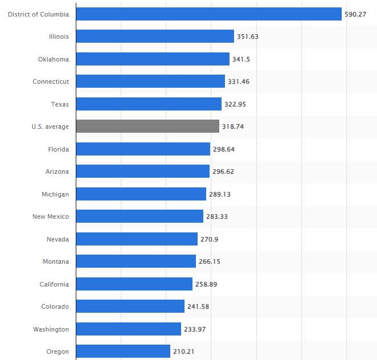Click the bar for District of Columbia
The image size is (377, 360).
[x=208, y=14]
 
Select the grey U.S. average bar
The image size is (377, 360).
[x=147, y=126]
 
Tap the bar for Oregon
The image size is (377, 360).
[x=123, y=351]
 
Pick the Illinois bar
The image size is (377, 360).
[x=155, y=36]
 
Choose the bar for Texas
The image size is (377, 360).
[x=149, y=104]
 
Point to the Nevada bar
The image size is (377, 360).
[x=137, y=239]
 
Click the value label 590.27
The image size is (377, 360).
[x=355, y=14]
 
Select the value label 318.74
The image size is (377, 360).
[x=233, y=126]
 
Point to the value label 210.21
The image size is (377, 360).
[x=184, y=351]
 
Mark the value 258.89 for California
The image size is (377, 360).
[x=207, y=284]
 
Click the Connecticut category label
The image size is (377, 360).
[x=51, y=81]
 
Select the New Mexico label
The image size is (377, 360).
[x=51, y=216]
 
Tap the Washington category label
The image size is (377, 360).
[x=51, y=329]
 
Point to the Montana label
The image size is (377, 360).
[x=55, y=261]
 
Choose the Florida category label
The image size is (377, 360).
[x=58, y=149]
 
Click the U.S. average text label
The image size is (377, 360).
[x=50, y=126]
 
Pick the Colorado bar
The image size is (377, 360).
[x=130, y=306]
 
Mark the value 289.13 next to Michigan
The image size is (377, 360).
[x=220, y=194]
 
